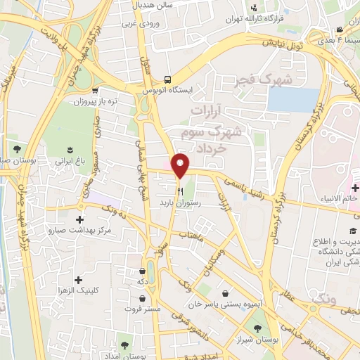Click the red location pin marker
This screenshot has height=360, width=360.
(x=181, y=166)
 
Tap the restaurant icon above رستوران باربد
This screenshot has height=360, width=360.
(x=181, y=190)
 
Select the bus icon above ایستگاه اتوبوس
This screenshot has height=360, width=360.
(x=167, y=79)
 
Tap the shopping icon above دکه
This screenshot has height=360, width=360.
(x=143, y=270)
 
